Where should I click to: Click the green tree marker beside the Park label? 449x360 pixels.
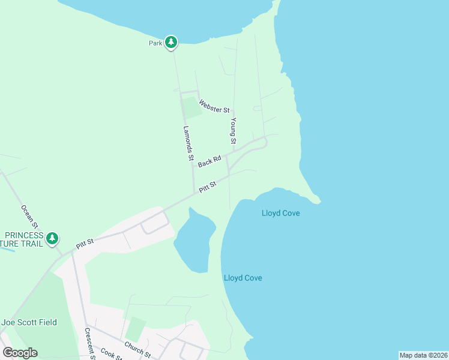(172, 42)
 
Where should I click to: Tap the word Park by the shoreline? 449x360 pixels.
(155, 43)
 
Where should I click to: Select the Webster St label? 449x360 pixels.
(214, 106)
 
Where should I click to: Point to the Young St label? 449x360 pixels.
(233, 130)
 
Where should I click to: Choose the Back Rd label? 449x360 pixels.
(209, 161)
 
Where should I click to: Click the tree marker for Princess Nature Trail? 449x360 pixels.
(53, 239)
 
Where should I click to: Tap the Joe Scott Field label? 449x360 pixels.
(29, 322)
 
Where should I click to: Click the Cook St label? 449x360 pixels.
(111, 354)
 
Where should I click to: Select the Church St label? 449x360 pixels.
(137, 350)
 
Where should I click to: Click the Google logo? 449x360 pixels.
(20, 353)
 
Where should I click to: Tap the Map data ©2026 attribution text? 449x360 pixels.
(423, 355)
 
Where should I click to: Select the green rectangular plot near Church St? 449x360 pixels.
(136, 329)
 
